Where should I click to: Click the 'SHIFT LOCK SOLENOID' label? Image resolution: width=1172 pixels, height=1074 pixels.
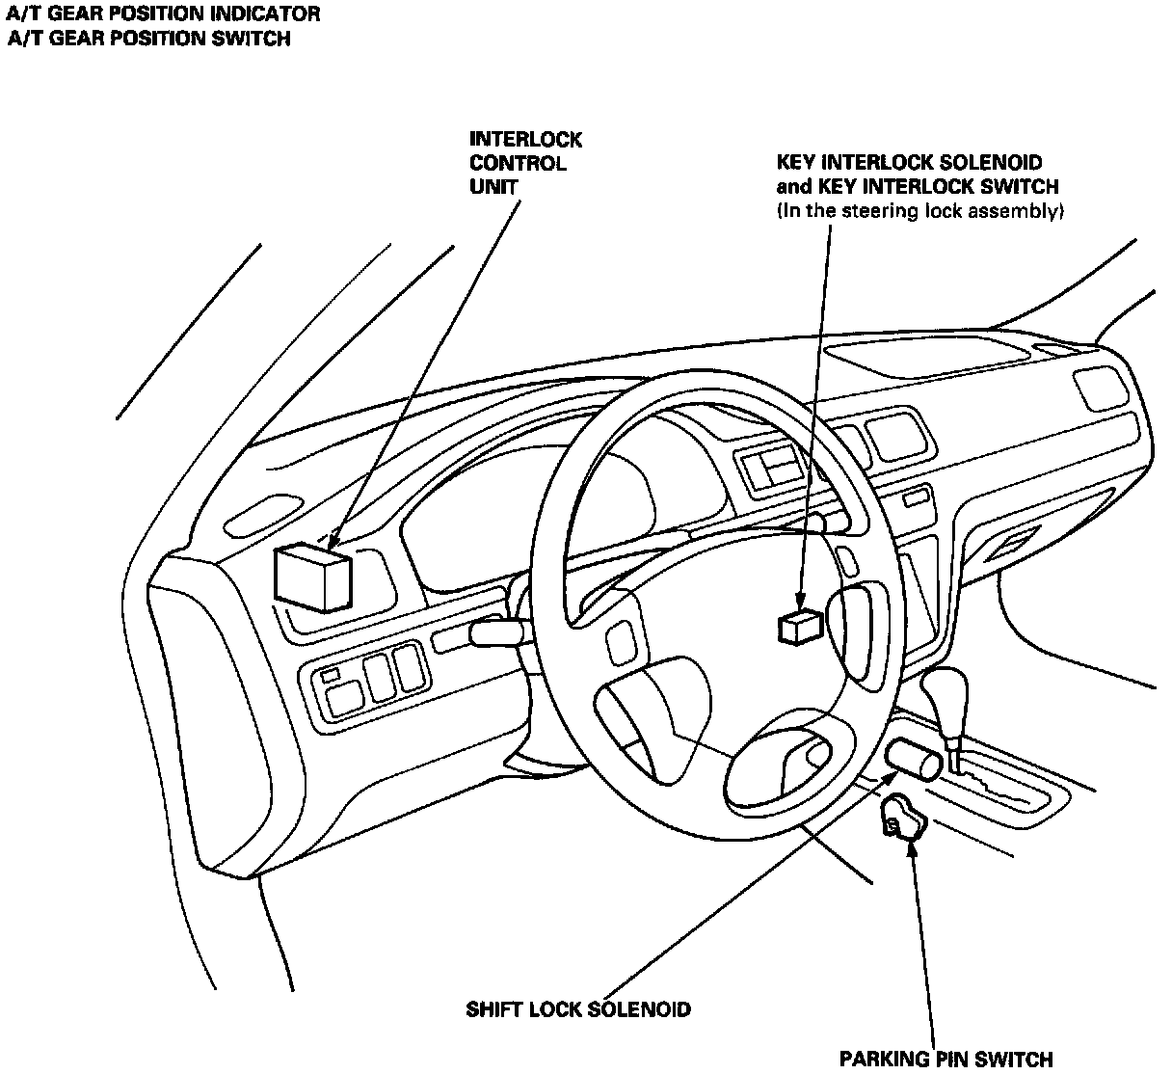578,1010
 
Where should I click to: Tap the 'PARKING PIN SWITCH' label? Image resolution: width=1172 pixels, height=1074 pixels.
946,1060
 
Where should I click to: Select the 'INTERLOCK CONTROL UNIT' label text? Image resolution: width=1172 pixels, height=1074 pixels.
525,163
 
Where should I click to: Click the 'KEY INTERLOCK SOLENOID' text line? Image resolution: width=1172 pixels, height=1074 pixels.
909,163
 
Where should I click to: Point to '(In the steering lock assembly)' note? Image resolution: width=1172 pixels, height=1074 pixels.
919,211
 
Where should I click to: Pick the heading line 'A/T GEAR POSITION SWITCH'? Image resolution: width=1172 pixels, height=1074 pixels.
149,40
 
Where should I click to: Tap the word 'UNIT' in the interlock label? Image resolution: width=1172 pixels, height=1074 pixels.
493,187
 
